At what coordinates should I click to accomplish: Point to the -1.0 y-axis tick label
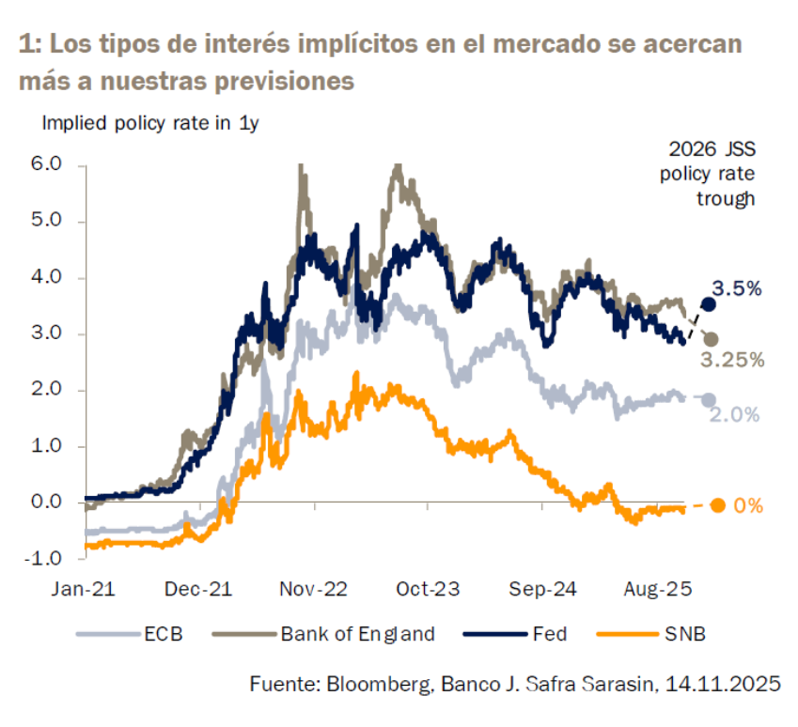click(44, 558)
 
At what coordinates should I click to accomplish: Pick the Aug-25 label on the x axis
click(658, 589)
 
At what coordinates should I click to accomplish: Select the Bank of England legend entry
click(357, 634)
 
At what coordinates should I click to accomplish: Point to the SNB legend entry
click(686, 634)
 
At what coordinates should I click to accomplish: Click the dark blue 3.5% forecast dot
click(709, 303)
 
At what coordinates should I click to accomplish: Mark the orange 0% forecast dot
click(717, 505)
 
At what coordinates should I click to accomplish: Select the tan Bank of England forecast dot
click(712, 339)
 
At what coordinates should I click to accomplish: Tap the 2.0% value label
click(735, 414)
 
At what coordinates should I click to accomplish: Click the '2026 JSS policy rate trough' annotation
click(712, 173)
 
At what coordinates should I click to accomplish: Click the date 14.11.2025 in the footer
click(724, 684)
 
